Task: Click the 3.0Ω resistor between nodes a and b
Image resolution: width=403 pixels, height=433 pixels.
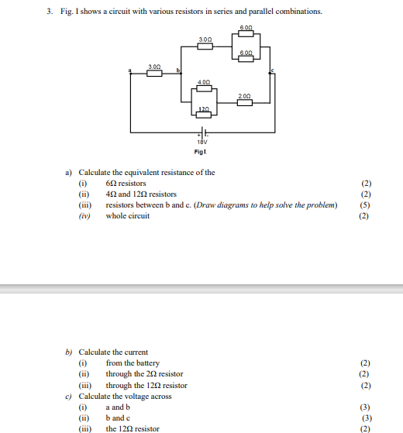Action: coord(154,74)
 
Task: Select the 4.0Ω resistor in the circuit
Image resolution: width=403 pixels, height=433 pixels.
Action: coord(204,88)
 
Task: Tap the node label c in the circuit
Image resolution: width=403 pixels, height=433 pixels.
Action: coord(273,71)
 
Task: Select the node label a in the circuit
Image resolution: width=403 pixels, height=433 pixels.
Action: coord(130,71)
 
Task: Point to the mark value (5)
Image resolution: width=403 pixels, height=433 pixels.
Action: coord(365,205)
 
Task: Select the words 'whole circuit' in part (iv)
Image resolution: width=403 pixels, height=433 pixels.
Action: coord(128,216)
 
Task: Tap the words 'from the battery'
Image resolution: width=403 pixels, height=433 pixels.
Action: coord(133,363)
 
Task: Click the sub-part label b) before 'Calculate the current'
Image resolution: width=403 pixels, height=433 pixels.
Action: coord(68,352)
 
